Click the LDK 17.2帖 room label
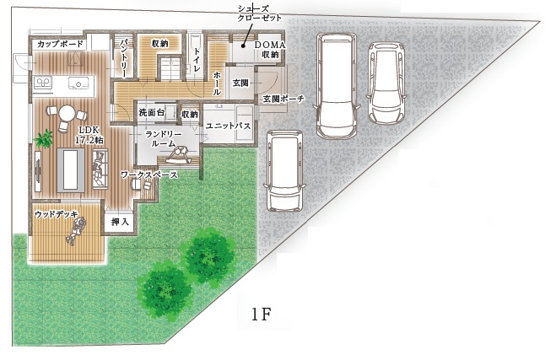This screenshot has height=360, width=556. [89, 135]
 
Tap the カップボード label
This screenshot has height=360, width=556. [60, 44]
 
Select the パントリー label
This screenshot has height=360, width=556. [124, 58]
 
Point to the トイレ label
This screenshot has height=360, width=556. [197, 60]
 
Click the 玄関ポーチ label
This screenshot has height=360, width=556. [283, 99]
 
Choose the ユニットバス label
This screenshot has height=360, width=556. [229, 126]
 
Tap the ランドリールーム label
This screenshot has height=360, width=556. [164, 139]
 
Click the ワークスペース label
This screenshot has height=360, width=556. [149, 175]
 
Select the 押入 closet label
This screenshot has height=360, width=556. [120, 222]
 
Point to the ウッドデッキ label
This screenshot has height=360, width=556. [57, 214]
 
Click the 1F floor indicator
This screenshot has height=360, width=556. [262, 314]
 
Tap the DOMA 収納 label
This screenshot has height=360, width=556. [270, 50]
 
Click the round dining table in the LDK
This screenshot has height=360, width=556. [67, 113]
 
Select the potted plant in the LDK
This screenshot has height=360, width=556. [44, 138]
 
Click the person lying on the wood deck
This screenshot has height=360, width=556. [76, 231]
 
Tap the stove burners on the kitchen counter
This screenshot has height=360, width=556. [43, 83]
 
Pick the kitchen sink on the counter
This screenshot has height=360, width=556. [78, 83]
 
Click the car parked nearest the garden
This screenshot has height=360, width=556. [284, 170]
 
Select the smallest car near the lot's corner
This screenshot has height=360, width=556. [386, 83]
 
